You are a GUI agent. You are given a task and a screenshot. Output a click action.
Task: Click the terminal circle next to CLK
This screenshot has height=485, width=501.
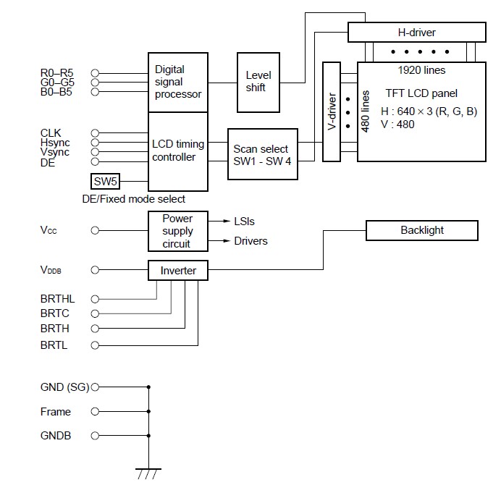point(95,133)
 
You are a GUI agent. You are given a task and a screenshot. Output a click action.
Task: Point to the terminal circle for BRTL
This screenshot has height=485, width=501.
point(95,345)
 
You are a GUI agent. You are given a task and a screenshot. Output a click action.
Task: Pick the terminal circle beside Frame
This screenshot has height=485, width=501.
point(95,411)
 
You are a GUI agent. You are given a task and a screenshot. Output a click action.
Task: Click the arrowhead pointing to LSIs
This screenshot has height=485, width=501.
point(227,221)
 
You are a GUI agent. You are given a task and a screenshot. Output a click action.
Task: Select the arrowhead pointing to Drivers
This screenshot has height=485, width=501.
point(227,240)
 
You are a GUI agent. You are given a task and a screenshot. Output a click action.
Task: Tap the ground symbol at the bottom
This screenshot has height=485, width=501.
point(148,473)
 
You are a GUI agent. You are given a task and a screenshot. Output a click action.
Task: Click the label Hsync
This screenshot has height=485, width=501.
point(55,143)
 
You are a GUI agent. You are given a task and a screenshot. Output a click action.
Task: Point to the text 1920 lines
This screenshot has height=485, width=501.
point(421,70)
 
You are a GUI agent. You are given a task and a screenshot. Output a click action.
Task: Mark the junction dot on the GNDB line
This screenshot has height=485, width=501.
point(148,436)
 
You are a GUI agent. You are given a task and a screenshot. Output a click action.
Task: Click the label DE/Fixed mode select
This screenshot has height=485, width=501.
point(133,199)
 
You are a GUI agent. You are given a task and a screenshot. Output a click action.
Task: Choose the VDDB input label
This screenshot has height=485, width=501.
point(51,270)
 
